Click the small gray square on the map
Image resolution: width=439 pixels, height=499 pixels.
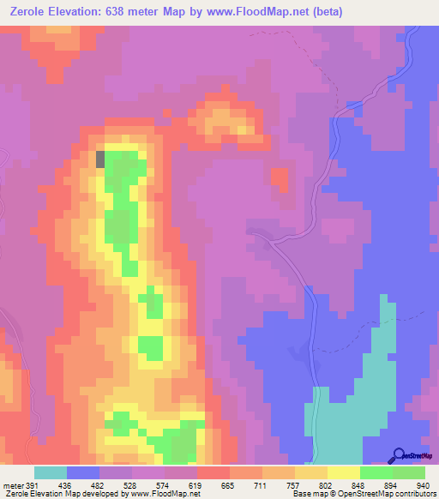point(100,159)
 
